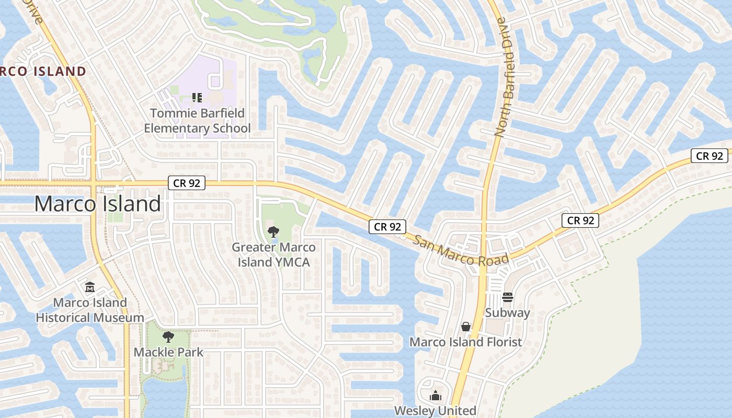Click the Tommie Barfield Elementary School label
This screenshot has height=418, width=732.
pyautogui.click(x=197, y=121)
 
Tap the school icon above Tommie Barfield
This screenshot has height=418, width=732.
pyautogui.click(x=197, y=97)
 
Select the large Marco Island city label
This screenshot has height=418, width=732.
pyautogui.click(x=97, y=204)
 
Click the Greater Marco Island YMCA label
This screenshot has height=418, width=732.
pyautogui.click(x=273, y=254)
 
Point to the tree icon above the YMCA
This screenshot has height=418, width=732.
pyautogui.click(x=273, y=231)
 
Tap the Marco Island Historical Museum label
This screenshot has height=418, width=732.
pyautogui.click(x=90, y=310)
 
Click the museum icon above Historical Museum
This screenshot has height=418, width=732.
pyautogui.click(x=90, y=287)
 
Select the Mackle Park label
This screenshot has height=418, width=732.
pyautogui.click(x=168, y=352)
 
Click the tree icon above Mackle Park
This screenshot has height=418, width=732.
pyautogui.click(x=168, y=336)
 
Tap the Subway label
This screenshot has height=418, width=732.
pyautogui.click(x=507, y=313)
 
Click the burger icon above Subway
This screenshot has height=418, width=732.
pyautogui.click(x=507, y=297)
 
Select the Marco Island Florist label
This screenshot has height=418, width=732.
pyautogui.click(x=465, y=342)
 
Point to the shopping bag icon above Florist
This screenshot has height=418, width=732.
pyautogui.click(x=465, y=327)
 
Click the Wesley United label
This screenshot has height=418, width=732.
pyautogui.click(x=435, y=411)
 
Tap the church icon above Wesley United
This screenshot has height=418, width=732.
pyautogui.click(x=435, y=396)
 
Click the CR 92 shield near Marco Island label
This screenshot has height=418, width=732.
pyautogui.click(x=187, y=183)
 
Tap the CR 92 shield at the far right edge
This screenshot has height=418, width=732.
pyautogui.click(x=710, y=156)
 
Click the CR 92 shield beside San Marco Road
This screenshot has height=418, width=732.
pyautogui.click(x=387, y=227)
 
